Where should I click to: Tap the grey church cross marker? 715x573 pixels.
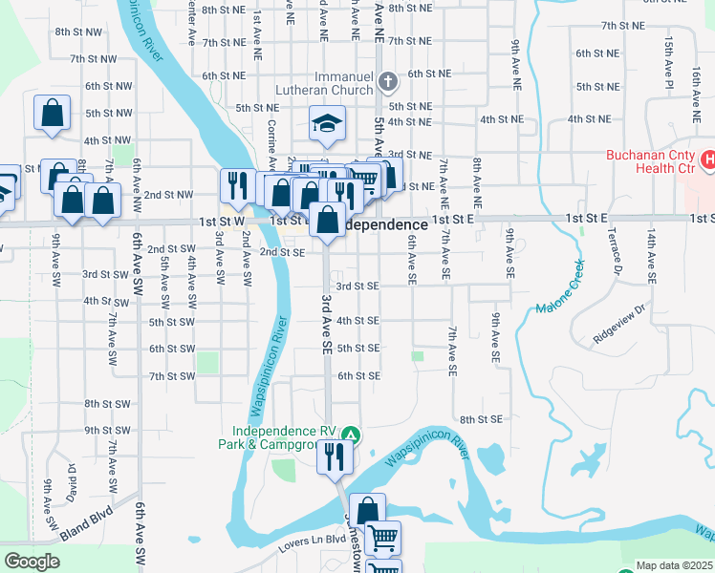pyautogui.click(x=387, y=82)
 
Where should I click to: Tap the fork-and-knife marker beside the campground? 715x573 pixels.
pyautogui.click(x=335, y=456)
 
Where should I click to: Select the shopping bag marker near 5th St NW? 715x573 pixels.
pyautogui.click(x=53, y=113)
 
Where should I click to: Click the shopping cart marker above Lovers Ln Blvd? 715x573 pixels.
pyautogui.click(x=382, y=538)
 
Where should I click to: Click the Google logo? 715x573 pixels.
pyautogui.click(x=32, y=562)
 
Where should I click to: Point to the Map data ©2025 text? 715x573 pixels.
pyautogui.click(x=674, y=565)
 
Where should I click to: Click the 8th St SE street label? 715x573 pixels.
pyautogui.click(x=481, y=419)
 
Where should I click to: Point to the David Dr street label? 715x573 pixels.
pyautogui.click(x=70, y=468)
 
